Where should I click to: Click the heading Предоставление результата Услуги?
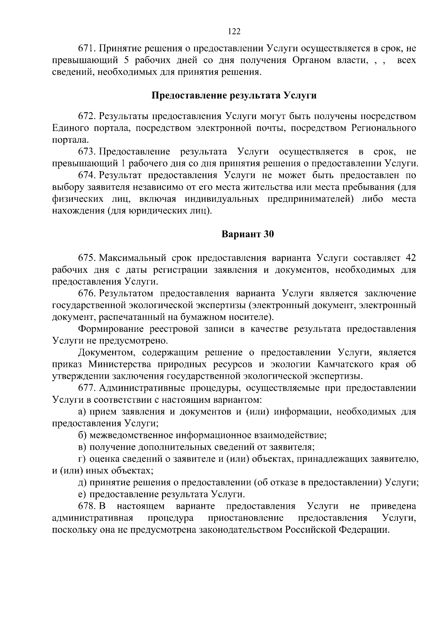(234, 96)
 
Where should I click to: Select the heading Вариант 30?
(248, 234)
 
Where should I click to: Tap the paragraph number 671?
(87, 48)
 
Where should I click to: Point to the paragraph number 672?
(87, 116)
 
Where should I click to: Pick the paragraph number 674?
(87, 175)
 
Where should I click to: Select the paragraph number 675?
(87, 258)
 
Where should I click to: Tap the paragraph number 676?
(87, 294)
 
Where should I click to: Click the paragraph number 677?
(87, 388)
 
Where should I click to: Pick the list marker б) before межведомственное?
(82, 436)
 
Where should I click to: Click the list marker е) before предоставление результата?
(82, 495)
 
